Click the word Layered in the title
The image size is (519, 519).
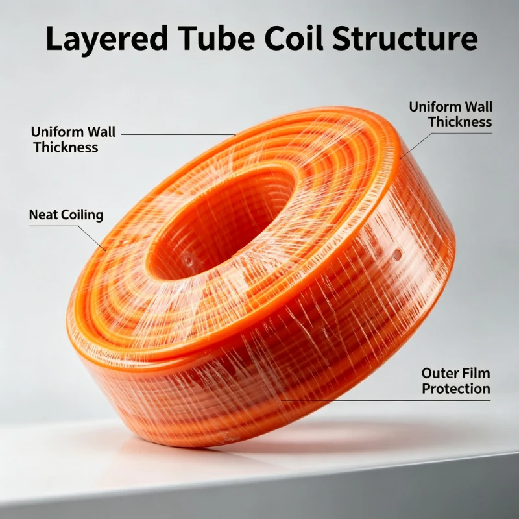pos(107,40)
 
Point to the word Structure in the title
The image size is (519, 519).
pos(405,38)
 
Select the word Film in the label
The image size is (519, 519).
pos(476,374)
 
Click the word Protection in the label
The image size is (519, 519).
pos(456,389)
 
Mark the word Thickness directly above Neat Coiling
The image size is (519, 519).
pos(66,147)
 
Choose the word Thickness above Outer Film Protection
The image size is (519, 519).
pos(460,122)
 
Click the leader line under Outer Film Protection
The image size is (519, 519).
pos(385,400)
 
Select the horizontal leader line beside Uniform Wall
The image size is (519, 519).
pos(178,135)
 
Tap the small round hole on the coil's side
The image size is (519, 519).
pos(396,254)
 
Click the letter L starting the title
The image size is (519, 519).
pos(54,38)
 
